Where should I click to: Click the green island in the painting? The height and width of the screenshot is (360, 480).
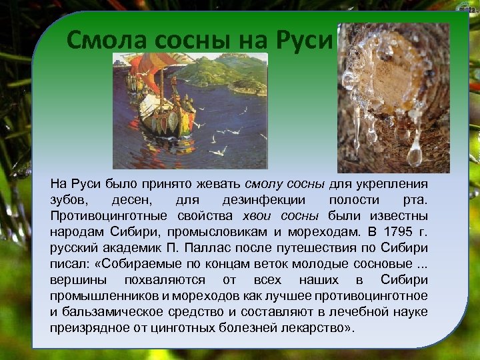point(227,70)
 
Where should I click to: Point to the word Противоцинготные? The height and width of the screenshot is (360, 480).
point(109,216)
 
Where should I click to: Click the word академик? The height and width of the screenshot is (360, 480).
point(127,248)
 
